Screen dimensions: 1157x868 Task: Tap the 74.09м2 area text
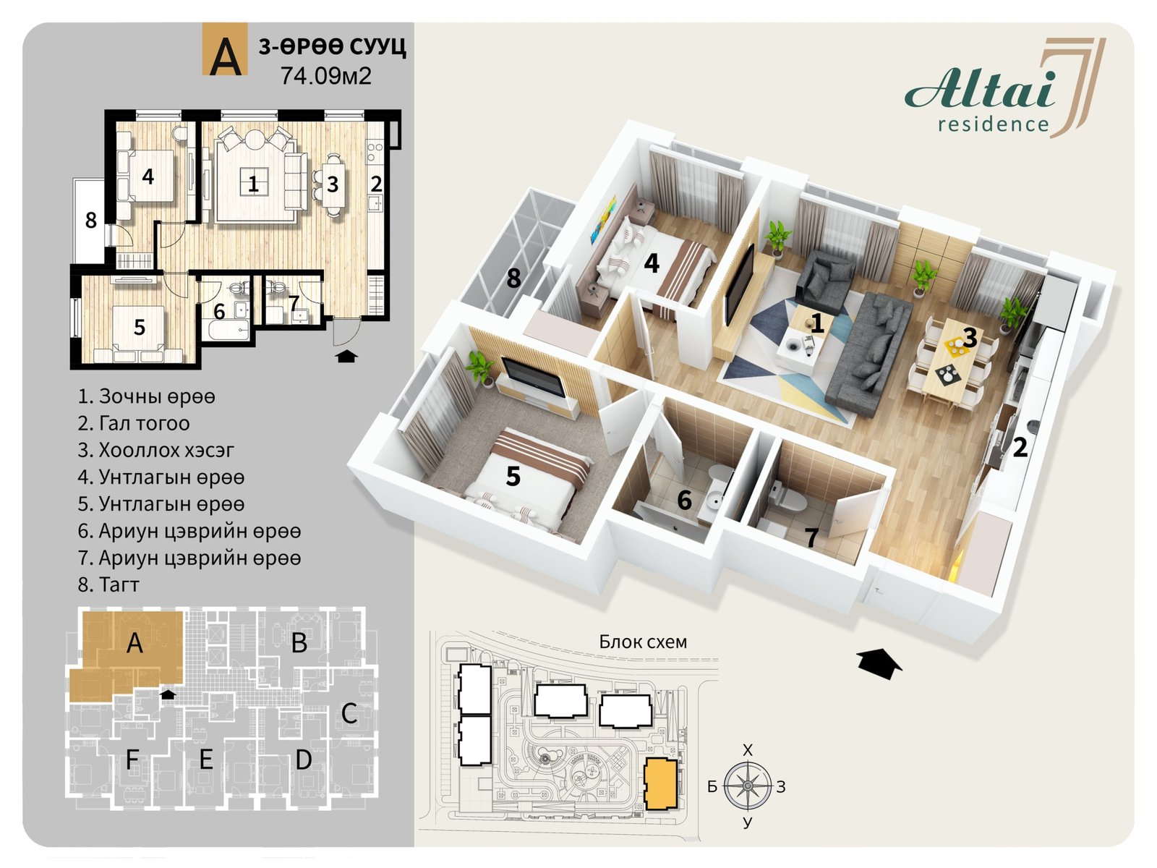325,76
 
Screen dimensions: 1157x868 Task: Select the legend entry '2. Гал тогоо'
134,423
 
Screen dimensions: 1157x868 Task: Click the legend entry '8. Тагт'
108,584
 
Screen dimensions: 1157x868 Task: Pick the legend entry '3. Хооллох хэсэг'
156,450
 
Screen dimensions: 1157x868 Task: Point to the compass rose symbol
747,786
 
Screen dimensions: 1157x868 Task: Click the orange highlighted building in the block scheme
660,783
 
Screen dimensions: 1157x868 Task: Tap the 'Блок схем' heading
643,642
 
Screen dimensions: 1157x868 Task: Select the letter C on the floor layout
349,714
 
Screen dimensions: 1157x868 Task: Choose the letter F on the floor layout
132,760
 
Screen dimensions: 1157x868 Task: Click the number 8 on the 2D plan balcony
90,221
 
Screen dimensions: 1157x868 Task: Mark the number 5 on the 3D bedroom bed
513,476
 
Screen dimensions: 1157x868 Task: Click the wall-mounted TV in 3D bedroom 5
533,378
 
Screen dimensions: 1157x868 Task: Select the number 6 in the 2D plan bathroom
219,312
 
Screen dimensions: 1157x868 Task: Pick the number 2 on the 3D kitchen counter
1020,448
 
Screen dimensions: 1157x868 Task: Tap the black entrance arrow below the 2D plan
346,357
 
